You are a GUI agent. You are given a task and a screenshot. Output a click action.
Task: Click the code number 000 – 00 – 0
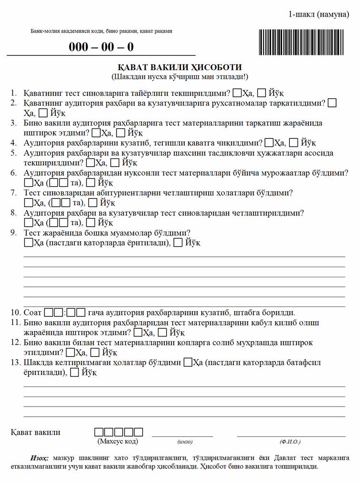(x=101, y=47)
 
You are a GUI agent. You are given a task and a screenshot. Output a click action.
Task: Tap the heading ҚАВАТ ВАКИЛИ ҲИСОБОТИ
(x=180, y=67)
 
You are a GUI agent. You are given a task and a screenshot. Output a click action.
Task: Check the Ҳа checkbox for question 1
(x=238, y=93)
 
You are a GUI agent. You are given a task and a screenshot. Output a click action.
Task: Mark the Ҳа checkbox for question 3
(x=96, y=133)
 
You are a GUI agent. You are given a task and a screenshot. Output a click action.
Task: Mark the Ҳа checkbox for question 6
(x=28, y=183)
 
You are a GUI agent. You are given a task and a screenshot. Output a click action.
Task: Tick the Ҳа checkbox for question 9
(x=28, y=243)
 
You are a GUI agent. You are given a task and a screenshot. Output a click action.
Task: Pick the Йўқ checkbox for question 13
(x=74, y=373)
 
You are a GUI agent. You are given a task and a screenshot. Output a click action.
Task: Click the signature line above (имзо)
(x=182, y=435)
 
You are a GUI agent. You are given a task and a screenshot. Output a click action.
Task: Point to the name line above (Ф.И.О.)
(x=291, y=435)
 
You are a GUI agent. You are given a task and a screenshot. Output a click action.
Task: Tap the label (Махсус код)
(x=117, y=441)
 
